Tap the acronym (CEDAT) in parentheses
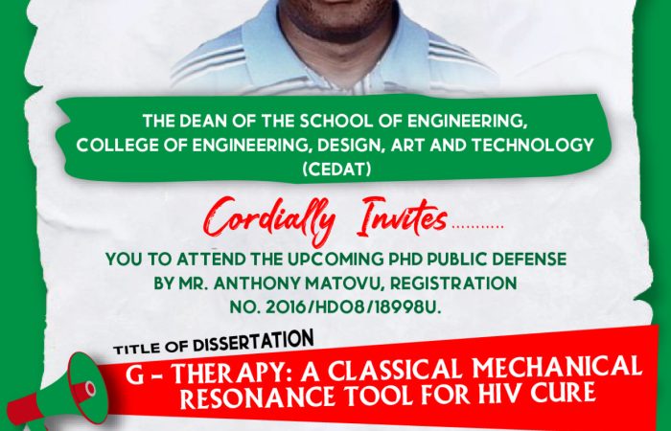click(x=336, y=170)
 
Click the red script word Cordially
click(x=268, y=220)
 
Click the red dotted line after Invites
click(x=477, y=227)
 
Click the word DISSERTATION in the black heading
click(x=253, y=342)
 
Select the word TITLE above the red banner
click(x=136, y=349)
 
